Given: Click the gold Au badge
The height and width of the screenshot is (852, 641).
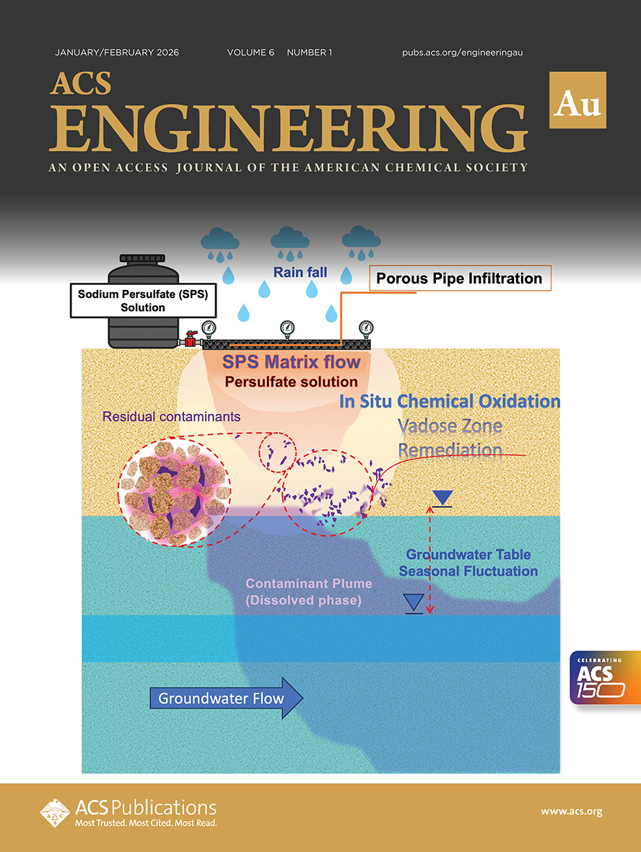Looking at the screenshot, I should click(x=577, y=100).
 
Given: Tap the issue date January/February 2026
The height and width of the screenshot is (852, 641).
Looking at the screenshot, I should click(x=117, y=53).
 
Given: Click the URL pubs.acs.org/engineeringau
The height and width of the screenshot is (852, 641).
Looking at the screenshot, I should click(x=462, y=53).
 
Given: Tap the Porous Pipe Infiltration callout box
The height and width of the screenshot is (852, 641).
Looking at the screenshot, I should click(x=460, y=278).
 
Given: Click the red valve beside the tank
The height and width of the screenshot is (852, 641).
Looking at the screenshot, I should click(x=192, y=338).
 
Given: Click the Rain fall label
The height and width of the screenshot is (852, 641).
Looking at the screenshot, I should click(x=300, y=273).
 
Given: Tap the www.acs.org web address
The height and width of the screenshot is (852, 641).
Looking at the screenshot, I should click(x=571, y=812).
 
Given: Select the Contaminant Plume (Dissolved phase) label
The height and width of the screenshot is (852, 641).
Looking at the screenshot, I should click(x=304, y=592).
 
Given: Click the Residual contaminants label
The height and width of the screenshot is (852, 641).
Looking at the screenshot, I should click(x=171, y=416).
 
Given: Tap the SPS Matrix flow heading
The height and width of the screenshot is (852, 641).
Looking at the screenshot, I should click(x=292, y=361).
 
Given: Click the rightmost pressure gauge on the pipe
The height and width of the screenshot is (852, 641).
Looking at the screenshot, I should click(x=366, y=328).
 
